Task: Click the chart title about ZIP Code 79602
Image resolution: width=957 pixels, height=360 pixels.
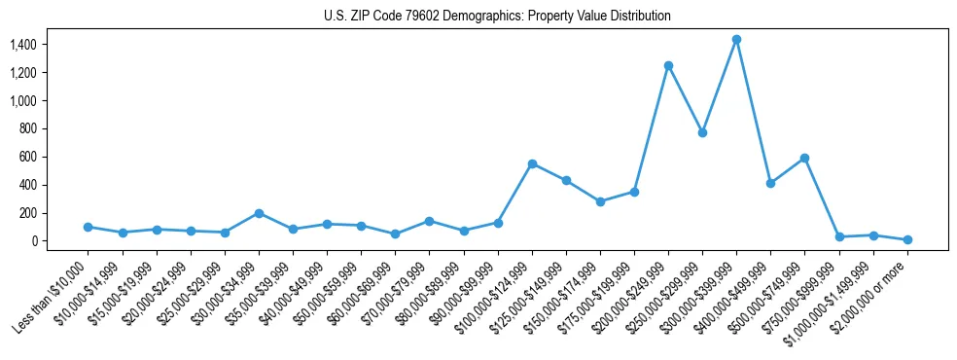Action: [497, 17]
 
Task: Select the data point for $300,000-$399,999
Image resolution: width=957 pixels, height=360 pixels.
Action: [736, 40]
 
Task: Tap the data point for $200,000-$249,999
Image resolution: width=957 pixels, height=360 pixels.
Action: [668, 65]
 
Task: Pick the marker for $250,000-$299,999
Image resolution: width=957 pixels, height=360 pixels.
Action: [702, 132]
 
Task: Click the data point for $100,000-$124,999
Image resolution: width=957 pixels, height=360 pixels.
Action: [532, 163]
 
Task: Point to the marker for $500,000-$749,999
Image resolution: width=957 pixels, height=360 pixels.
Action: [804, 158]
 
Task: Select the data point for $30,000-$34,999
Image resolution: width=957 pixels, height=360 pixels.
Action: [259, 213]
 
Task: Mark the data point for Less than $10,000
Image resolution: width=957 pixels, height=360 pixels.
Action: [89, 227]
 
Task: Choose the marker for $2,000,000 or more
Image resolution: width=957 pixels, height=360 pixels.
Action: [907, 239]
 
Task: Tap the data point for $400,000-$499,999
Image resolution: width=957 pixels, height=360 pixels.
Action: [770, 183]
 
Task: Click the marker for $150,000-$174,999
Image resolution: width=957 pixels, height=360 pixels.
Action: [600, 201]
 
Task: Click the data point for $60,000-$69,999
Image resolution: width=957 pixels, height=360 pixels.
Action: [395, 234]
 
